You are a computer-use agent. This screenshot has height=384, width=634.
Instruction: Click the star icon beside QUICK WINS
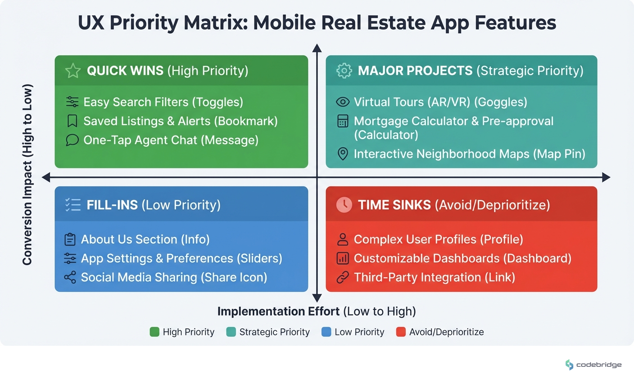click(x=72, y=71)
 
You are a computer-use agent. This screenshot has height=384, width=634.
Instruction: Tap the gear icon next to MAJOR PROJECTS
click(x=344, y=71)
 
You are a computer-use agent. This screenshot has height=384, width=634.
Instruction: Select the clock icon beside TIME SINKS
click(x=344, y=205)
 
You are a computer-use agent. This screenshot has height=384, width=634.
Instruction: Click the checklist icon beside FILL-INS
click(x=72, y=205)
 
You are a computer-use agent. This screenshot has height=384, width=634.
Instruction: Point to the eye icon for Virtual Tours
click(x=343, y=102)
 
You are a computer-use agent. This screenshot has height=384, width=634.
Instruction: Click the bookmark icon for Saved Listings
click(x=72, y=121)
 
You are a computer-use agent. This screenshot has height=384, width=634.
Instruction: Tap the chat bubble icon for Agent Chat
click(x=72, y=140)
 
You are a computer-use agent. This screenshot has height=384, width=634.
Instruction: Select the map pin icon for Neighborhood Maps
click(x=343, y=154)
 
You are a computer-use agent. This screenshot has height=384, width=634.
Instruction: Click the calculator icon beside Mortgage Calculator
click(x=343, y=121)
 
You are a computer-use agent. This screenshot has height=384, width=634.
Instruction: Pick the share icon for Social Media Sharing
click(x=70, y=277)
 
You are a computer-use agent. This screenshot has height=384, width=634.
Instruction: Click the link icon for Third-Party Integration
click(x=343, y=277)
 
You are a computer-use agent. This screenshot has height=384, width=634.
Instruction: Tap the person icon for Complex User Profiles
click(x=343, y=239)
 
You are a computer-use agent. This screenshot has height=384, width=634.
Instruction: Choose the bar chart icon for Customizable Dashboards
click(x=343, y=258)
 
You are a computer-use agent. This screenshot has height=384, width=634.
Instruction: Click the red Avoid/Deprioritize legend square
click(x=401, y=332)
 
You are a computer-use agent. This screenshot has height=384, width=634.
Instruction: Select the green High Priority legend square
click(x=154, y=332)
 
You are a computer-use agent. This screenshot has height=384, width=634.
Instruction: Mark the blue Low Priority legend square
click(x=326, y=332)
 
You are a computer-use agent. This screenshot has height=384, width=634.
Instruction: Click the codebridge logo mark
click(x=570, y=365)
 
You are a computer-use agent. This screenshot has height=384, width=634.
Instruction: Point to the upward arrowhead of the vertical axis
click(x=317, y=48)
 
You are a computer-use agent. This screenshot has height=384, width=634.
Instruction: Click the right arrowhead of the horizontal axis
click(x=606, y=177)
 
